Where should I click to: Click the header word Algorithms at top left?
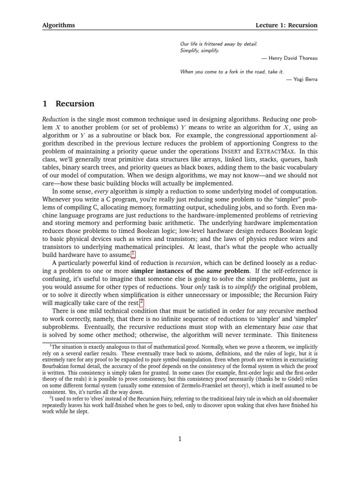(x=59, y=25)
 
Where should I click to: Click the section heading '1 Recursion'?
(x=68, y=104)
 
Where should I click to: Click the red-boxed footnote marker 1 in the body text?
(x=133, y=254)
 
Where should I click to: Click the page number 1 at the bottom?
(x=180, y=439)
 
